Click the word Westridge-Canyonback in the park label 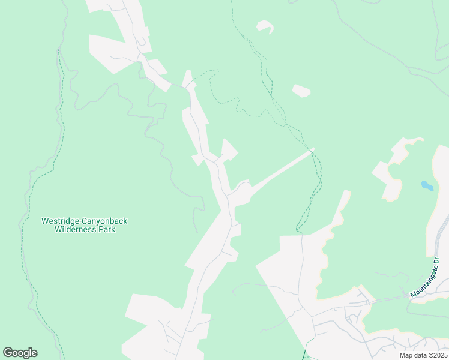[84, 221]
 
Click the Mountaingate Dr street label [426, 278]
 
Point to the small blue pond [427, 186]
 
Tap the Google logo [20, 353]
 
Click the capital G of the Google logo [8, 353]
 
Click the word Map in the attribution [406, 355]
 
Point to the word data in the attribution [419, 355]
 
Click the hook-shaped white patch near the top [265, 26]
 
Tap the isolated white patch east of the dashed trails [301, 91]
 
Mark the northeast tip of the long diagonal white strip [312, 149]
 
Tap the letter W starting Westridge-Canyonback [44, 221]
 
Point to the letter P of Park [100, 229]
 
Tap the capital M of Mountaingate [414, 295]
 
